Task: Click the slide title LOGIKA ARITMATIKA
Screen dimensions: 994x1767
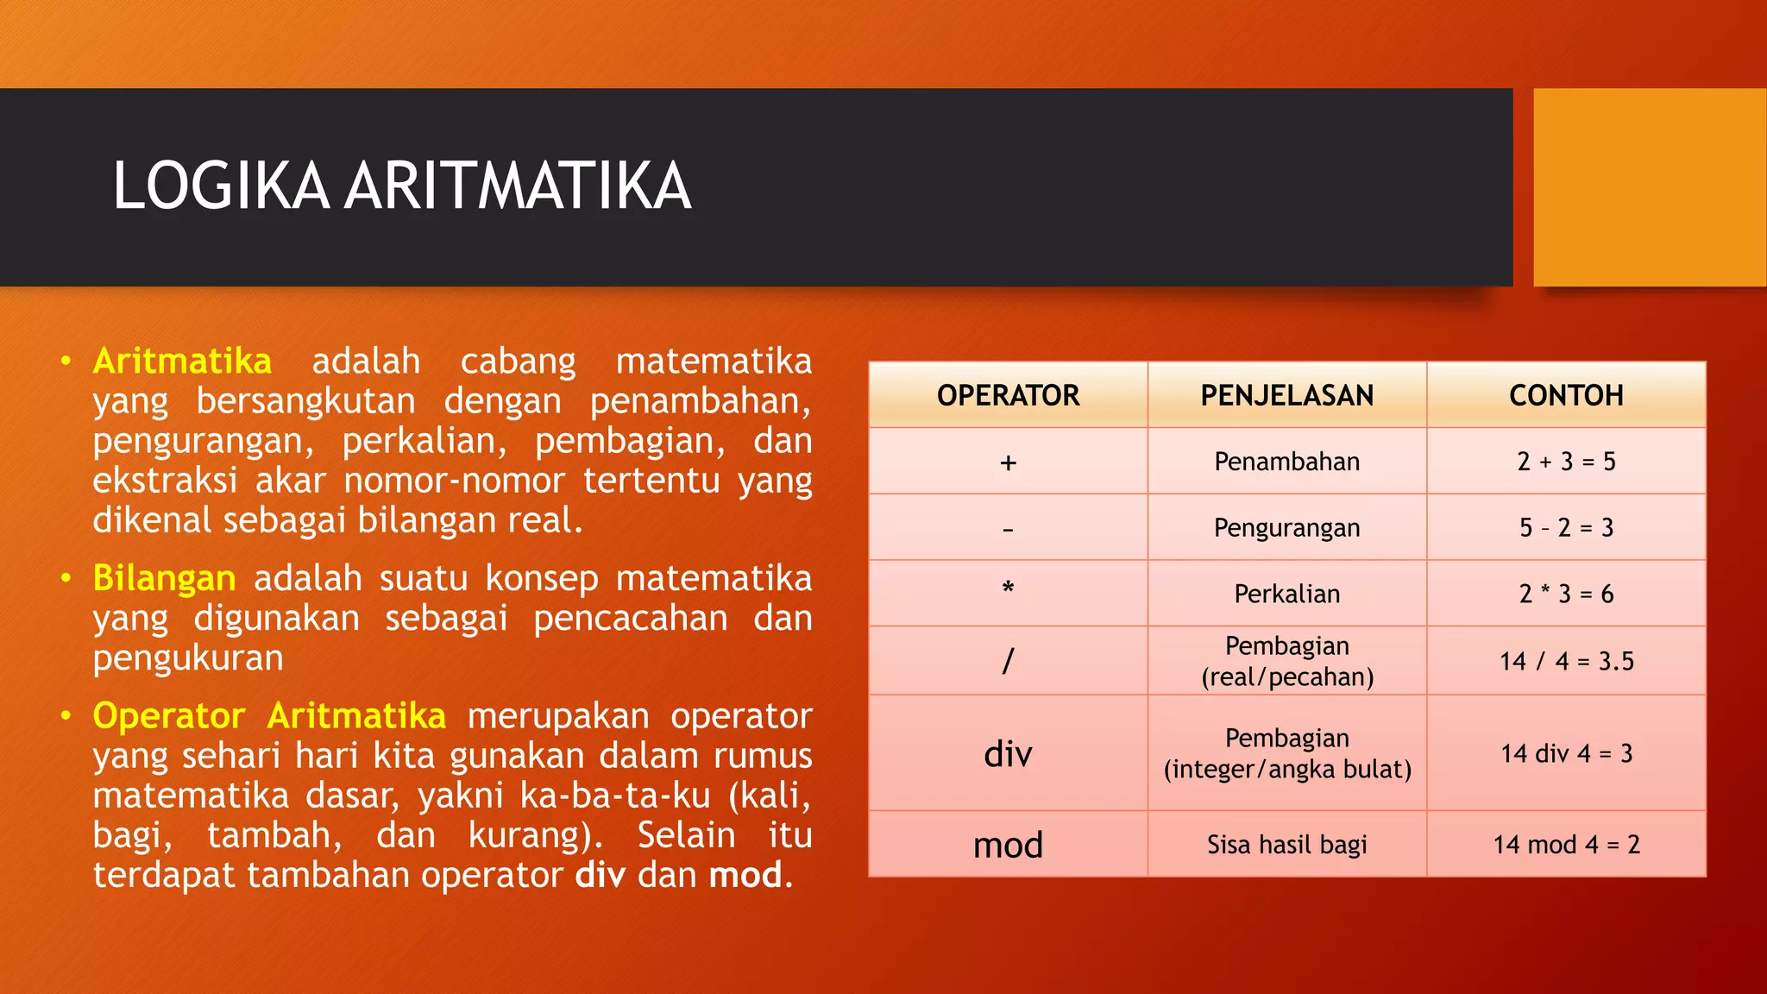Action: point(402,186)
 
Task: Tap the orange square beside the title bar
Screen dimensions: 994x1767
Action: point(1649,187)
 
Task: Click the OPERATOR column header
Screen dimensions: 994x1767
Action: point(1008,395)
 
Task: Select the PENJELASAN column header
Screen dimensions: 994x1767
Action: point(1286,395)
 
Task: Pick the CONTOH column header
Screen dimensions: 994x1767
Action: point(1566,395)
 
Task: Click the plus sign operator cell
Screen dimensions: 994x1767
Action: point(1008,462)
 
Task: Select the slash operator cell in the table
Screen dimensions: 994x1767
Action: point(1008,661)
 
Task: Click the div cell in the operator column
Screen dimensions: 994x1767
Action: point(1008,754)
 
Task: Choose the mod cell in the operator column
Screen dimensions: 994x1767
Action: point(1008,845)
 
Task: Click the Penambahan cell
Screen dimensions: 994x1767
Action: point(1286,462)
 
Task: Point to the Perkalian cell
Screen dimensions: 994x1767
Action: point(1286,594)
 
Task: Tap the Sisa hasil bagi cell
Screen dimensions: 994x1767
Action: point(1286,845)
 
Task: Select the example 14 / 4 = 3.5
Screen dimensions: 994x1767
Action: point(1566,661)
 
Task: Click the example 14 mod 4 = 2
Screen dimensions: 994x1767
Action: point(1566,845)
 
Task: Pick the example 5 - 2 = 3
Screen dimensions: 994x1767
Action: point(1566,527)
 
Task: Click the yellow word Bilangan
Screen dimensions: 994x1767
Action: point(164,578)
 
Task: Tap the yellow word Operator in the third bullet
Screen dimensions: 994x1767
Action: point(169,716)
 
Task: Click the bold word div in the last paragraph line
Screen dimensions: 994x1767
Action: point(600,875)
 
